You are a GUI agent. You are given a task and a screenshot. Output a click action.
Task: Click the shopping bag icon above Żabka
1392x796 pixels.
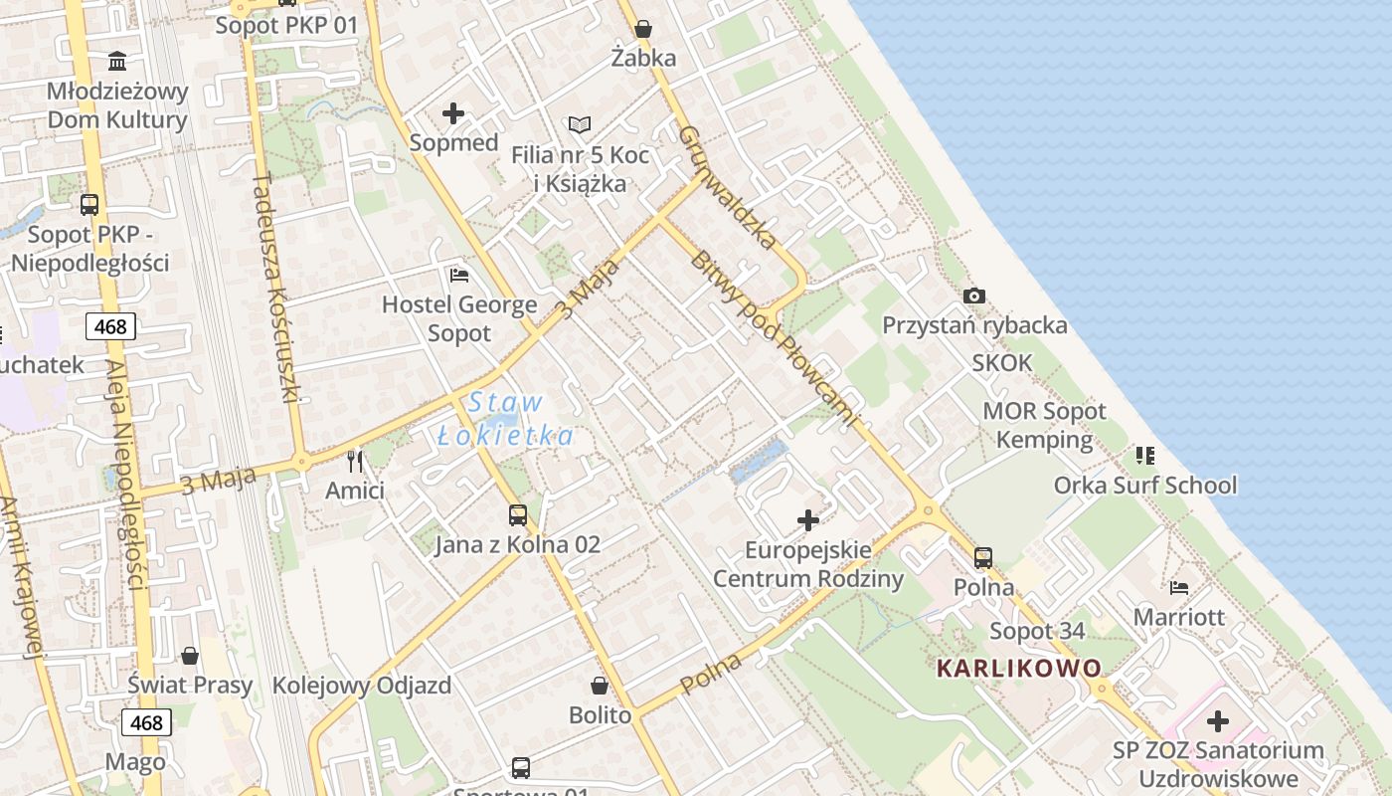643,29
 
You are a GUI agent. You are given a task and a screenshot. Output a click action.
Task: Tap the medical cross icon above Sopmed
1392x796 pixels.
453,113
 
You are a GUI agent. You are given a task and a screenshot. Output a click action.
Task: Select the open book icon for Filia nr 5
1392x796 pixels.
580,124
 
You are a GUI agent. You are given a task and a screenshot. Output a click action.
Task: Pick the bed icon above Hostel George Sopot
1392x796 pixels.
459,275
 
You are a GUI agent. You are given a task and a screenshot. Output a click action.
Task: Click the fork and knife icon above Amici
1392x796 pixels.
355,461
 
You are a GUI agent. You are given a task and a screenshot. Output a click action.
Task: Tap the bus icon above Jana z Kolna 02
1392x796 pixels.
518,514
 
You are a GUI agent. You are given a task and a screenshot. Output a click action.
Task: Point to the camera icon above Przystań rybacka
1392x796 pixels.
974,296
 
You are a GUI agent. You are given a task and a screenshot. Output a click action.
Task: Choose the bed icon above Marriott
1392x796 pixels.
1179,587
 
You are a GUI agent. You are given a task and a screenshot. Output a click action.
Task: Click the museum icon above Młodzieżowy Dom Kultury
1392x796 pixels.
117,62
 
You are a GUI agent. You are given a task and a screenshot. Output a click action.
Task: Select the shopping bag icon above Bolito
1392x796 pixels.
600,686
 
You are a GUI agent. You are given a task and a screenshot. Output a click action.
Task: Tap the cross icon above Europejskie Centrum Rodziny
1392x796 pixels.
808,519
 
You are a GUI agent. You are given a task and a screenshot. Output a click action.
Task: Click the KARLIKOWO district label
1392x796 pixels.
1019,668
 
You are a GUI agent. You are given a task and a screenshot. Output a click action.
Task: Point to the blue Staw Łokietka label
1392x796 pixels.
506,419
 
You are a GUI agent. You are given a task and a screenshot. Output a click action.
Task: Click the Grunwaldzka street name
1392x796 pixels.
728,187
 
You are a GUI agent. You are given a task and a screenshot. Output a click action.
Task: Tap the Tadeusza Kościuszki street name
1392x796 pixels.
275,287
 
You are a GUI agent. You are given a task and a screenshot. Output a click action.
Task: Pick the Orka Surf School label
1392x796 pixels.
1145,485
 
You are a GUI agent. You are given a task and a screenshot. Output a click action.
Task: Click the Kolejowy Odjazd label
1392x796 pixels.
362,686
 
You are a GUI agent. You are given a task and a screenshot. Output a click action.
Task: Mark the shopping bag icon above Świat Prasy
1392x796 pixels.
190,656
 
